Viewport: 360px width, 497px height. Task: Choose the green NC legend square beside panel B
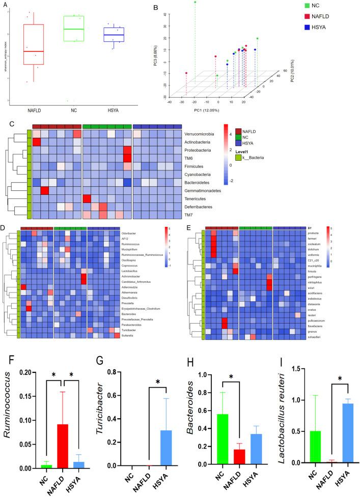307,5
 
